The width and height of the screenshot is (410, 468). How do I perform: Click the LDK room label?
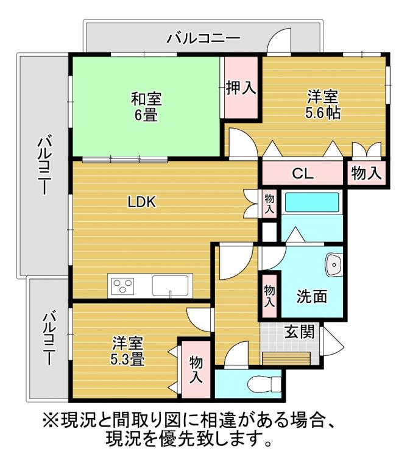click(142, 202)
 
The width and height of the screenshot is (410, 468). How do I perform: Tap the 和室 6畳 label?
click(146, 107)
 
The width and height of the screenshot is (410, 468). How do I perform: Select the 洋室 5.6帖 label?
click(322, 105)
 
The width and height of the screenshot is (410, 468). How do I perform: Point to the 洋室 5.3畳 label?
click(128, 351)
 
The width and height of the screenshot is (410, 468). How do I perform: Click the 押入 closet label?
click(241, 88)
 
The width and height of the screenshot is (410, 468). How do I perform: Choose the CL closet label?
click(303, 174)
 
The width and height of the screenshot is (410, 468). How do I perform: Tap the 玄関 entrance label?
click(299, 331)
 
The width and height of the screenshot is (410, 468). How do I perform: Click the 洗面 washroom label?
click(311, 296)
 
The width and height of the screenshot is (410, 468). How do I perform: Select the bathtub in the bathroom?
click(312, 202)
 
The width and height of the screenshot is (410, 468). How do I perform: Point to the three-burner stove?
click(122, 286)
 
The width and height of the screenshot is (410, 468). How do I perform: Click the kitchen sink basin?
click(170, 286)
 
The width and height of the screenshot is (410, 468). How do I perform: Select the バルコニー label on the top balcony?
click(203, 38)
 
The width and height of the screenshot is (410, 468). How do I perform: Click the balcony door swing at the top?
click(279, 42)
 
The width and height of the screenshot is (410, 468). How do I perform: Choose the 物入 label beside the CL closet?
click(366, 174)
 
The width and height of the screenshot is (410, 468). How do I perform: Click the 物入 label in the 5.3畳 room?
click(196, 369)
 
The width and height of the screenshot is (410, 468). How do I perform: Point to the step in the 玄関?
click(286, 358)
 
